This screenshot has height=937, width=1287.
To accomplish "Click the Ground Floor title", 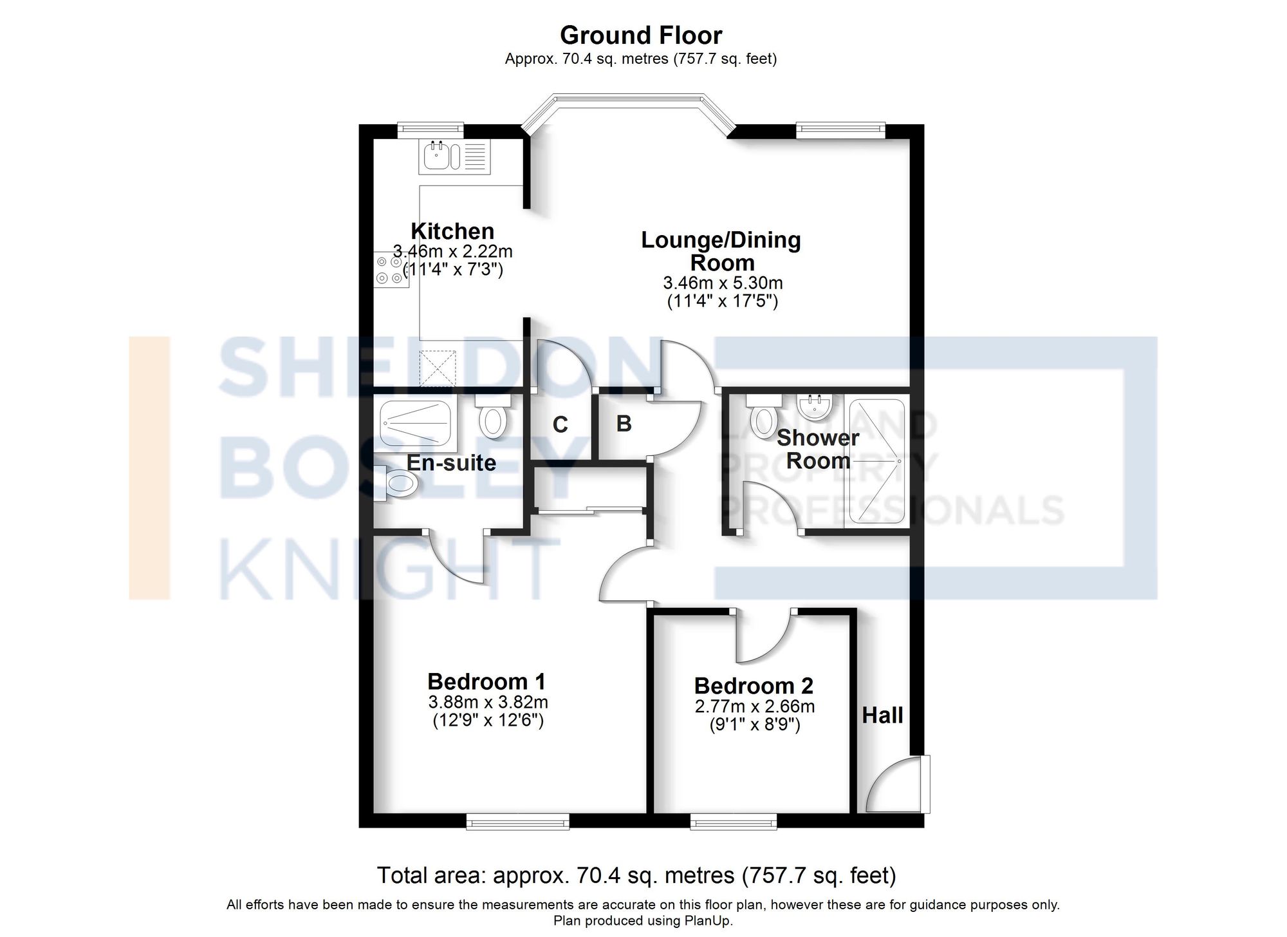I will point(641,35).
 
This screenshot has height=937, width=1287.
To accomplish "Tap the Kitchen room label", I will point(452,231).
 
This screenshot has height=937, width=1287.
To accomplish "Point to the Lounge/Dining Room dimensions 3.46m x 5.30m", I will point(723,283).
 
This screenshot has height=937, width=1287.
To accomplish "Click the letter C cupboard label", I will point(560,425).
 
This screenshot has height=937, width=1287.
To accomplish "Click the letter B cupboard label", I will point(624,424).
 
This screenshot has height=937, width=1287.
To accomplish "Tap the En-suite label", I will point(451,462).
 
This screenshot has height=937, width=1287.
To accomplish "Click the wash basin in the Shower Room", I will point(815,405).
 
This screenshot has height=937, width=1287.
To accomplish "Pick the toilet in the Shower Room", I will point(764,415).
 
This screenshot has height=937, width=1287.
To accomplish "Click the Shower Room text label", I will point(818,449).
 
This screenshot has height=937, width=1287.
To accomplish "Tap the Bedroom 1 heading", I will point(486,681).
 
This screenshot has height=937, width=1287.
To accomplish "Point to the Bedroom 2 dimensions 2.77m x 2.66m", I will point(754,706).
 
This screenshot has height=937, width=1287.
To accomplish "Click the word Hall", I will point(882,715).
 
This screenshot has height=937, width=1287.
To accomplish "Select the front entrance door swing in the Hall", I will point(894,786).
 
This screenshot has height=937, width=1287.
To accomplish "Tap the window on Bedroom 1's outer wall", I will point(518,821).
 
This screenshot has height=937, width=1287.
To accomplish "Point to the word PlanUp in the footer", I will point(708,921).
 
